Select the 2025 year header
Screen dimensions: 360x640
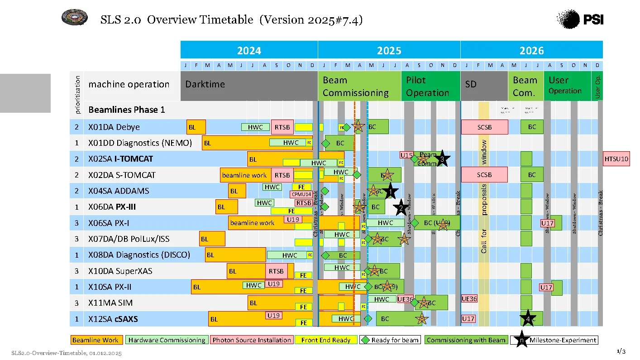point(389,50)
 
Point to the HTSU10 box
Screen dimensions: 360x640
point(616,159)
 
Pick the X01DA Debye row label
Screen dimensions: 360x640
point(114,127)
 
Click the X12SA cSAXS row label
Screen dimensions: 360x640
point(113,319)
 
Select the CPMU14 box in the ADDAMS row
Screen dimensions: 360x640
point(301,194)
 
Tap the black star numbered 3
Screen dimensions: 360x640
point(442,158)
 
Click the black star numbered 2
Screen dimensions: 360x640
point(400,208)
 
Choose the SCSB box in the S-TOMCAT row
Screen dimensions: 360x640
point(484,175)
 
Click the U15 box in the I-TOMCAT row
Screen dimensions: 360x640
point(406,155)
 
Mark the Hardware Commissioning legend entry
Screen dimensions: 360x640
point(167,340)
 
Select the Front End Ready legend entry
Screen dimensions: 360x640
point(326,340)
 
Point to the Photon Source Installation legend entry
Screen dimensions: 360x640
point(252,340)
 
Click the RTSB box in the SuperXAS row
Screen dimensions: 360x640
point(276,271)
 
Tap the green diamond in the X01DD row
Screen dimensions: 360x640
point(325,144)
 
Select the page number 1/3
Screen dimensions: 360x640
point(621,351)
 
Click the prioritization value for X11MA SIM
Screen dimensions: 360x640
point(76,303)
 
